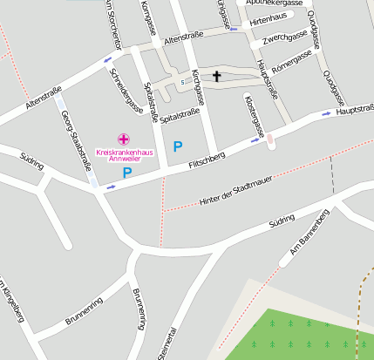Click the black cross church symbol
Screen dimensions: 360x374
216,77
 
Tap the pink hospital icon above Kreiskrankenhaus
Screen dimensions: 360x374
124,139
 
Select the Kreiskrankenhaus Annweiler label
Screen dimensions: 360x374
123,155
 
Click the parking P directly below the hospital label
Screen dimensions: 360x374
126,173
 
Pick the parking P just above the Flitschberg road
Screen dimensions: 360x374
178,146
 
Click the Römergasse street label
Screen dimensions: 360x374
292,58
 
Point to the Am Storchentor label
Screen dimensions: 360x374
111,26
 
